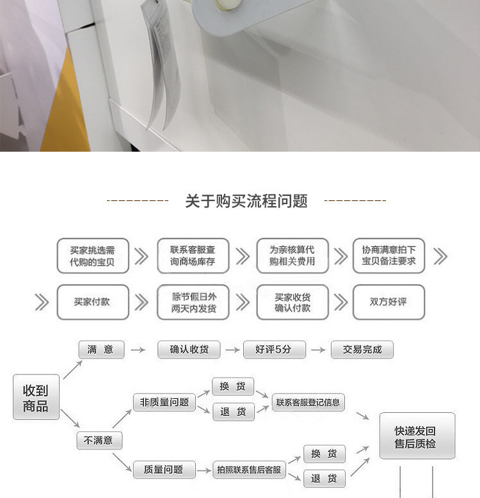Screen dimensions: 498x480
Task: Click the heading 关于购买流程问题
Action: (246, 202)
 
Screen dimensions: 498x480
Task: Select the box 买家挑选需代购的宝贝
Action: (92, 257)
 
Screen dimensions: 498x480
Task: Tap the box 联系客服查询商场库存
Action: (193, 257)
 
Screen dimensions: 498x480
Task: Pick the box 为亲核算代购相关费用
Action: (292, 257)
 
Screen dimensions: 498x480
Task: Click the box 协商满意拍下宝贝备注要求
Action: (388, 257)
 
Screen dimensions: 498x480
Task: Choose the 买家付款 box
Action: (92, 301)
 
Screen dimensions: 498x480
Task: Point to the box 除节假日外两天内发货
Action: (193, 301)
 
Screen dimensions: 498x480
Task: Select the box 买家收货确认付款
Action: (292, 301)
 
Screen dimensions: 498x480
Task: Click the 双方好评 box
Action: (388, 301)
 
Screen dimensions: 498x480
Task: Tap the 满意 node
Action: (101, 349)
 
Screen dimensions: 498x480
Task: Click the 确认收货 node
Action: (189, 349)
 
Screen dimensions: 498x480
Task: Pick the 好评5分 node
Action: (274, 349)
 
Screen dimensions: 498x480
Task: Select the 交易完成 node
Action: (362, 349)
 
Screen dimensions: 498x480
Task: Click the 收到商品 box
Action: (36, 398)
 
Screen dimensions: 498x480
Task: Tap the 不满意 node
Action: (99, 440)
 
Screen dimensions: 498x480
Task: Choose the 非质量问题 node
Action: (164, 403)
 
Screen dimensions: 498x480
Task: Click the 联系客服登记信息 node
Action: (308, 403)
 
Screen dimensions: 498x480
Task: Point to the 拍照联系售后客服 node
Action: (249, 470)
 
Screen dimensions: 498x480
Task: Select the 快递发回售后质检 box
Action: (417, 436)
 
